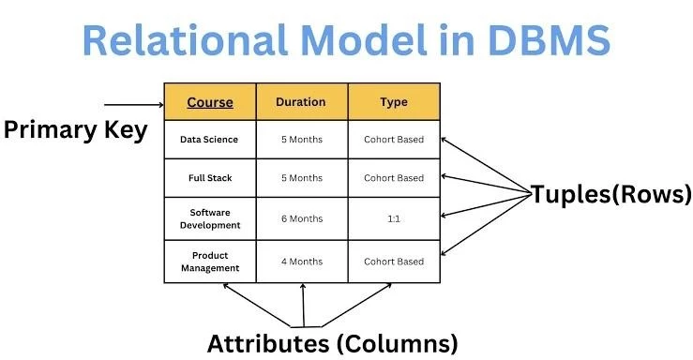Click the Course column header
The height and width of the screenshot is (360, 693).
(x=209, y=102)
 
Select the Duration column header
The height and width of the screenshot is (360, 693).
(x=301, y=102)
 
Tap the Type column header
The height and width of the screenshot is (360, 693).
(x=394, y=102)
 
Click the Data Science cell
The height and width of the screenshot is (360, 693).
(x=209, y=140)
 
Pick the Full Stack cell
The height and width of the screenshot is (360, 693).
(x=209, y=177)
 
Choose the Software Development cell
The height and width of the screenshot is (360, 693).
(x=209, y=218)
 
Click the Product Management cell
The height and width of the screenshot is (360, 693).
(x=209, y=262)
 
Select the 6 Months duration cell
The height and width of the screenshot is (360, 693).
(x=301, y=218)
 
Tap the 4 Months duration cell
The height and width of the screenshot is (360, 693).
(x=301, y=262)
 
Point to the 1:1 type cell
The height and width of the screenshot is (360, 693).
(x=394, y=218)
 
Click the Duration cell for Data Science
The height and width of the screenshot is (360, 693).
(x=301, y=140)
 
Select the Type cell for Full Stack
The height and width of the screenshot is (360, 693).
(x=394, y=177)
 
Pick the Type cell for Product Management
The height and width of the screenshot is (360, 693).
(x=394, y=262)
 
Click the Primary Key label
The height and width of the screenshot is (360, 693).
(x=75, y=130)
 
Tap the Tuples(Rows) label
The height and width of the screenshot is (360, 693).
(x=610, y=195)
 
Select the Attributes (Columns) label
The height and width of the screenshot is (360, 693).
(x=333, y=342)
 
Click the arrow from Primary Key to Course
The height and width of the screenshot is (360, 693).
(x=133, y=104)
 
